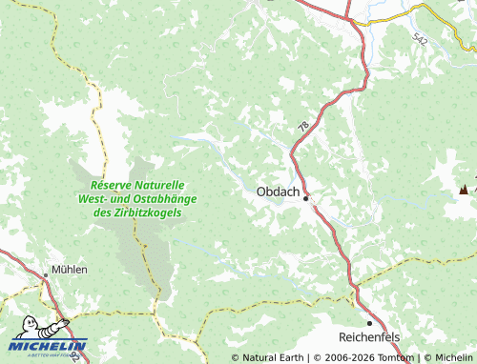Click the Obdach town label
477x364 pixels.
[278, 192]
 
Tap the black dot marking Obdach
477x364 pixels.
[306, 199]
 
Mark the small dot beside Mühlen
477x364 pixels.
[46, 275]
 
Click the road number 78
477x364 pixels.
[302, 127]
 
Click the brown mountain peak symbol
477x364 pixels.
[466, 189]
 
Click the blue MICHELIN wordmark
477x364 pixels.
[50, 345]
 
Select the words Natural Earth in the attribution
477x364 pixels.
[273, 358]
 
